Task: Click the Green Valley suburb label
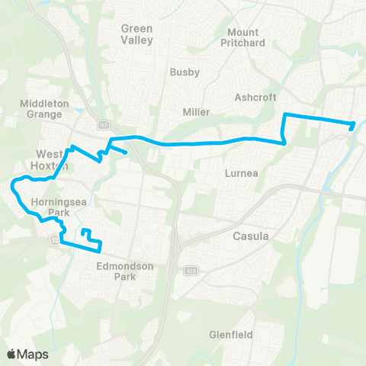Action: tap(137, 34)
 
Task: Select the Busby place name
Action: tap(185, 72)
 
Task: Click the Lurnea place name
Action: tap(242, 173)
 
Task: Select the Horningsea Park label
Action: tap(52, 207)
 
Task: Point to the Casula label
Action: tap(250, 236)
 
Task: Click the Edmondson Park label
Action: tap(126, 271)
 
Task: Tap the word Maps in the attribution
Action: tap(33, 354)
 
